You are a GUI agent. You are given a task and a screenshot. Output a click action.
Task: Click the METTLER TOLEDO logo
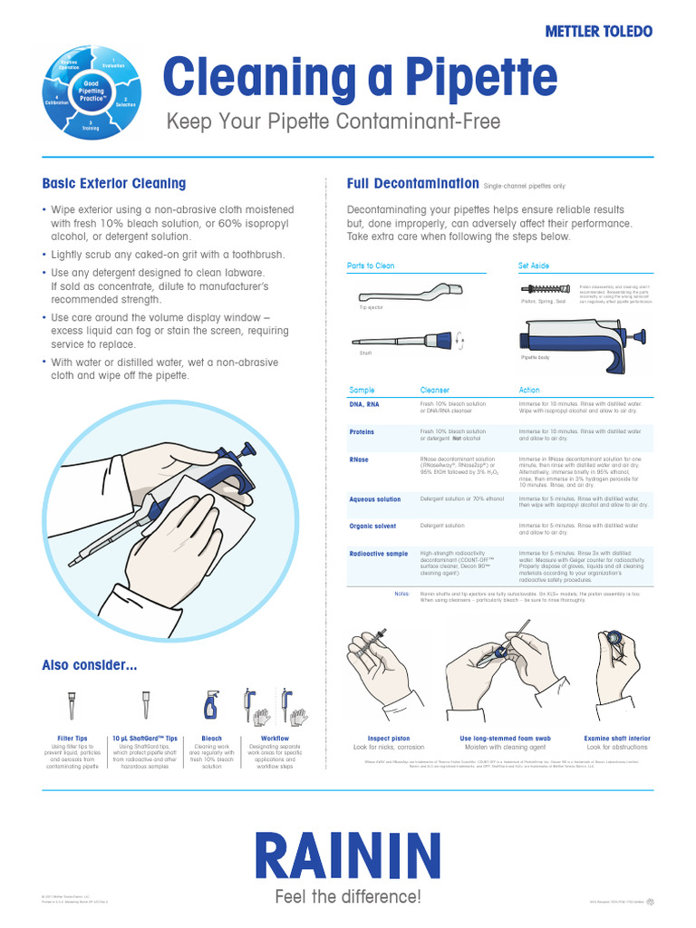tap(597, 31)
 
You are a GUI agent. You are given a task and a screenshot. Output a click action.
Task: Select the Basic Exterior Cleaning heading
tap(114, 183)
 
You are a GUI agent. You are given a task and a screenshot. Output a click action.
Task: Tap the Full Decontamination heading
tap(412, 183)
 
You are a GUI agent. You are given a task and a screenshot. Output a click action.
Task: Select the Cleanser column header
tap(434, 391)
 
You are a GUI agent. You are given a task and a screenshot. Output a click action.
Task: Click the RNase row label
tap(359, 459)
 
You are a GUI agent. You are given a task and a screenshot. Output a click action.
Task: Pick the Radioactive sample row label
tap(379, 553)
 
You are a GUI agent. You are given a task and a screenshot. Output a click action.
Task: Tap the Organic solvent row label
tap(372, 526)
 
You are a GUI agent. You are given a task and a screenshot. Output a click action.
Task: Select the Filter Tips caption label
tap(72, 739)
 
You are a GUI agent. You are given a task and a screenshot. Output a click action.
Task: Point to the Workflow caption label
tap(262, 739)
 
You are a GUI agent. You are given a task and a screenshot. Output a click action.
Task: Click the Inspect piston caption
tap(389, 739)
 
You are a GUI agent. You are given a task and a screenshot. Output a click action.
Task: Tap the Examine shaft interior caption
tap(617, 739)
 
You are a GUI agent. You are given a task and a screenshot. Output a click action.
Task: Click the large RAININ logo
tap(347, 856)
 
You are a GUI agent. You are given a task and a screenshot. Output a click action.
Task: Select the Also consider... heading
tap(90, 666)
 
